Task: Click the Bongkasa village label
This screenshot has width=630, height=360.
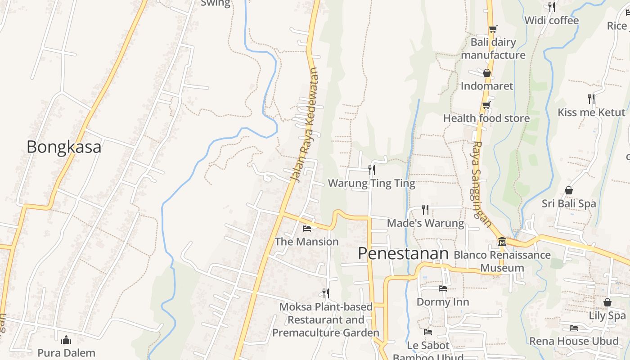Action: (x=64, y=147)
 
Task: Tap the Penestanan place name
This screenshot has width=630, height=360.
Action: (x=403, y=254)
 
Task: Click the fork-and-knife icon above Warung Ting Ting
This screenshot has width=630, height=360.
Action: (x=372, y=170)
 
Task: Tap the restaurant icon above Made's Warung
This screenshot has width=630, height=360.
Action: (x=425, y=209)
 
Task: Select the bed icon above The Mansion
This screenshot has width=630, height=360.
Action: (x=307, y=229)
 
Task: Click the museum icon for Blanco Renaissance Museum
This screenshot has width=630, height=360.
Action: (x=502, y=242)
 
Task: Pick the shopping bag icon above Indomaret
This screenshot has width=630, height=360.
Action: (x=486, y=73)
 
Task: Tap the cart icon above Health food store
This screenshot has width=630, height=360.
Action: (x=486, y=105)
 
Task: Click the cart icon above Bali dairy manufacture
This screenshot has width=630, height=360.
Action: (x=493, y=29)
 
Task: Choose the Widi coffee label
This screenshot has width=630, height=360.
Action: (x=551, y=20)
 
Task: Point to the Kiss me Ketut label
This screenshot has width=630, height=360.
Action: (x=591, y=112)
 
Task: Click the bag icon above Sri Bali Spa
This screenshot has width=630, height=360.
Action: (x=569, y=190)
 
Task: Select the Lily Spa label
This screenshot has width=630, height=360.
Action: (x=607, y=315)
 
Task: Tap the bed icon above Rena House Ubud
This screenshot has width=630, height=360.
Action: (x=574, y=328)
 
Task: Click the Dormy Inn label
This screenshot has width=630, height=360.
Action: (x=443, y=301)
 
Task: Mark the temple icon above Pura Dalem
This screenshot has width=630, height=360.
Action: (x=67, y=339)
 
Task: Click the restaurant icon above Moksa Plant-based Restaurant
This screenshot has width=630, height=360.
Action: (x=326, y=293)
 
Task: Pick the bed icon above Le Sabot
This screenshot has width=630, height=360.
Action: (x=428, y=332)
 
